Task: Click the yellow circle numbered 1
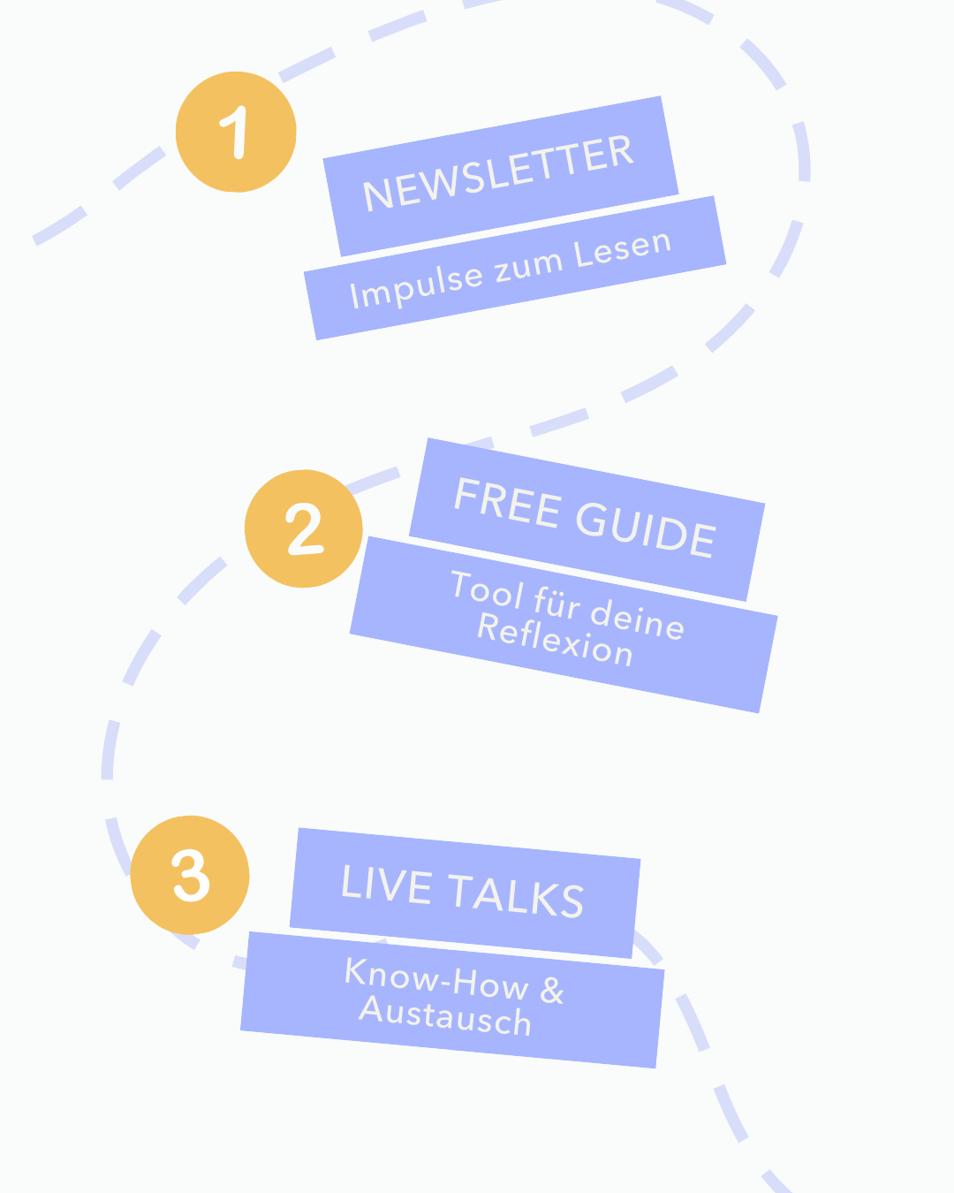[236, 132]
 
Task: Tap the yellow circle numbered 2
[303, 528]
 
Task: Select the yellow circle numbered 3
[190, 875]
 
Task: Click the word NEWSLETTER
[499, 174]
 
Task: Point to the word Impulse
[416, 285]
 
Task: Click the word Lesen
[623, 248]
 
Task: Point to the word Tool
[487, 589]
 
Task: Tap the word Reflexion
[555, 640]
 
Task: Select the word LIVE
[386, 884]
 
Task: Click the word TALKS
[516, 894]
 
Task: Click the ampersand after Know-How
[552, 990]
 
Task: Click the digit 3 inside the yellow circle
[191, 876]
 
